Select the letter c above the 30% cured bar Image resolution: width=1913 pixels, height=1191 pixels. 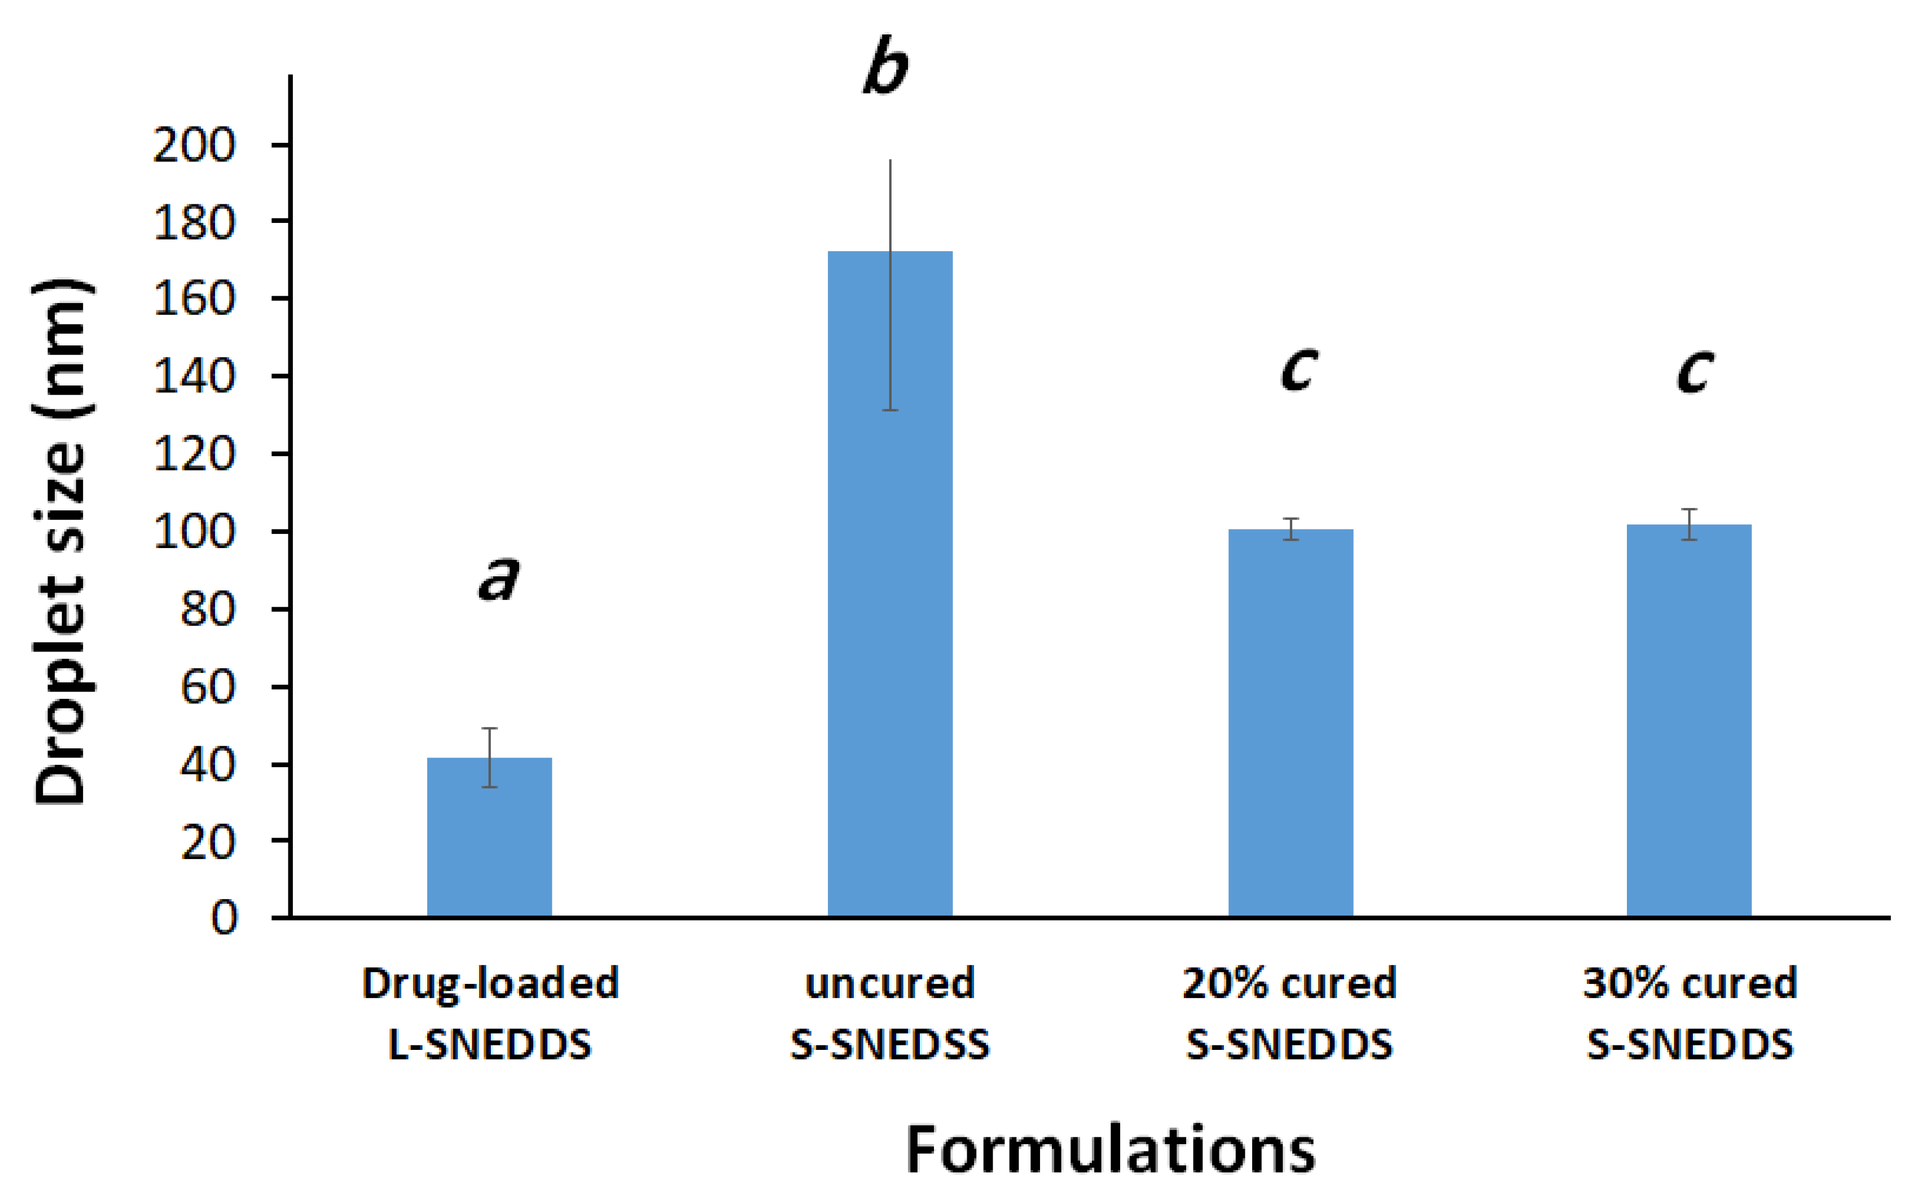point(1693,370)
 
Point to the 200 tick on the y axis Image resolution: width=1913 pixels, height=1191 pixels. point(194,146)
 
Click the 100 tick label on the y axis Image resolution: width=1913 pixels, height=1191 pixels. point(194,532)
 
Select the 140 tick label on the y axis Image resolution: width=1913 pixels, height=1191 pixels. point(194,377)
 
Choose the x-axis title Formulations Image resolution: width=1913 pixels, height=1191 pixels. point(1110,1150)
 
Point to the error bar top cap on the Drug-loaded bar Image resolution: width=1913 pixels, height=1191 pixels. point(489,729)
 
